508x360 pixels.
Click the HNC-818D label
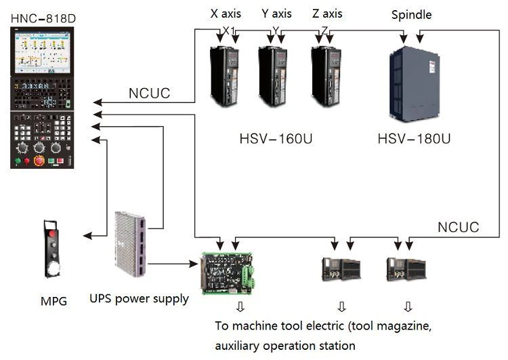pos(43,18)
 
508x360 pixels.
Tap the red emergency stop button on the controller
pos(39,161)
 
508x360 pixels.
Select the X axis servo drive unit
pos(224,77)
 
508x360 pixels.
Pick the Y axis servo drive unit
pos(273,77)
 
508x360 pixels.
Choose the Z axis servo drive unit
pos(326,77)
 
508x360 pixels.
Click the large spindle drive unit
pos(415,84)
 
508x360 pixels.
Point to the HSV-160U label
pos(276,139)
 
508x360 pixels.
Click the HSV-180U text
pos(414,139)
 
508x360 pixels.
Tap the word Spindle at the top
pos(411,15)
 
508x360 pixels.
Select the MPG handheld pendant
pos(51,249)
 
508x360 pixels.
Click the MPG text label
pos(54,301)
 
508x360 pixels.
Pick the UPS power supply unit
pos(130,244)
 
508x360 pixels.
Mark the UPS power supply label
pos(139,299)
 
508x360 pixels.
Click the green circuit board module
pos(228,273)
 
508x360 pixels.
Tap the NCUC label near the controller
pos(150,94)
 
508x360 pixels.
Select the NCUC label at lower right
pos(459,227)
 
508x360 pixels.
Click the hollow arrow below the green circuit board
pos(240,307)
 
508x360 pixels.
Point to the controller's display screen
pos(42,52)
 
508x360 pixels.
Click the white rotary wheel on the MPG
pos(52,269)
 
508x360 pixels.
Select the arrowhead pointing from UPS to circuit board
pos(194,264)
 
